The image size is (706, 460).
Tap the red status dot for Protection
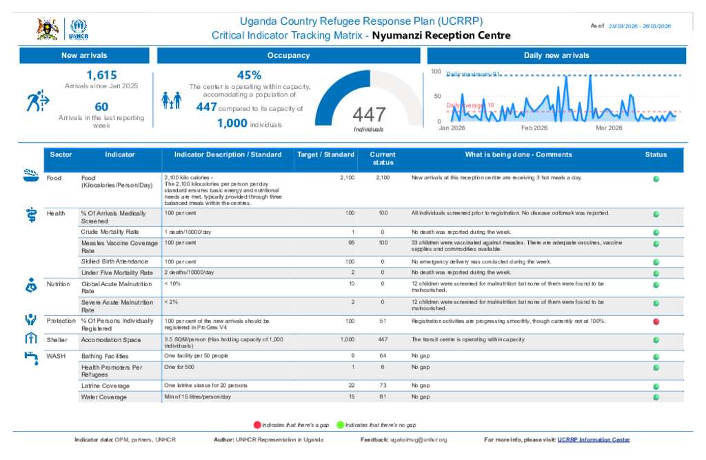(x=656, y=321)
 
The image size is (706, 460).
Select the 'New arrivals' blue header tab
(x=84, y=55)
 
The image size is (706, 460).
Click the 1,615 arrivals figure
(x=101, y=75)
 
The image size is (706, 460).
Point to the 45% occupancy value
(x=249, y=75)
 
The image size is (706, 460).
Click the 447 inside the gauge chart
(x=369, y=114)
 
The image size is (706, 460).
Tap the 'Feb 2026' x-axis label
(x=534, y=128)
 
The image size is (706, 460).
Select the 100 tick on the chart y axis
(x=436, y=72)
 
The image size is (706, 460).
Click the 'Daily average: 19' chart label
(x=470, y=105)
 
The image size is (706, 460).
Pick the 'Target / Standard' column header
(x=325, y=155)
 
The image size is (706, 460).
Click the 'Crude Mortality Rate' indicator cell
(x=110, y=232)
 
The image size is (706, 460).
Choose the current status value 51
(x=383, y=321)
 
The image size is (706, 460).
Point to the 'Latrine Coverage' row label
(x=105, y=386)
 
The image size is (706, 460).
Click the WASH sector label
(x=56, y=356)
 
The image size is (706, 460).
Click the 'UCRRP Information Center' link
(x=594, y=439)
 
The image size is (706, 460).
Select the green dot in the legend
(x=340, y=425)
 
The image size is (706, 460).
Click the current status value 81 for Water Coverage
(x=383, y=397)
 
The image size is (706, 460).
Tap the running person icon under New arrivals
(x=37, y=101)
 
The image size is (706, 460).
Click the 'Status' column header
(x=656, y=155)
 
